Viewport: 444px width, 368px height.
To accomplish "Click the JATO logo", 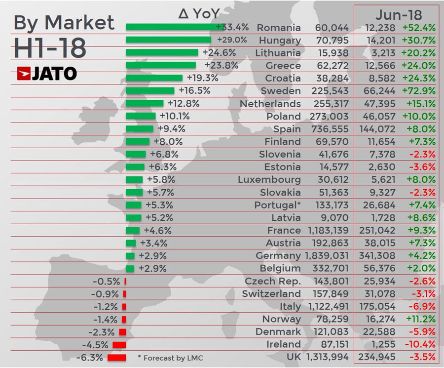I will coord(47,74).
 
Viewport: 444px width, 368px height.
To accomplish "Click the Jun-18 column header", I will coord(396,13).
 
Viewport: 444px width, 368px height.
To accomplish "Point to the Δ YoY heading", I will coord(199,13).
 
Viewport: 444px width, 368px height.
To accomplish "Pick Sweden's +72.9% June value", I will coord(418,91).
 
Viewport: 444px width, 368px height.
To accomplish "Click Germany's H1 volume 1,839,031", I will coord(327,256).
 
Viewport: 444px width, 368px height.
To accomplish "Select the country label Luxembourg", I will coord(269,180).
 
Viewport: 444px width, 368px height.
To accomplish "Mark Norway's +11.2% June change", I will coord(418,319).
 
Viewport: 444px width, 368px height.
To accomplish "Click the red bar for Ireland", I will coord(119,345).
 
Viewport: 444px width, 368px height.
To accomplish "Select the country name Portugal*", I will coord(277,205).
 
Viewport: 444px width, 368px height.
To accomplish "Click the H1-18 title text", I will coord(50,47).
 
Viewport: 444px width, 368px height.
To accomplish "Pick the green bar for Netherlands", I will coord(145,103).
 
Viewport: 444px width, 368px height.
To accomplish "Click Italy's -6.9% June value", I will coord(420,307).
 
